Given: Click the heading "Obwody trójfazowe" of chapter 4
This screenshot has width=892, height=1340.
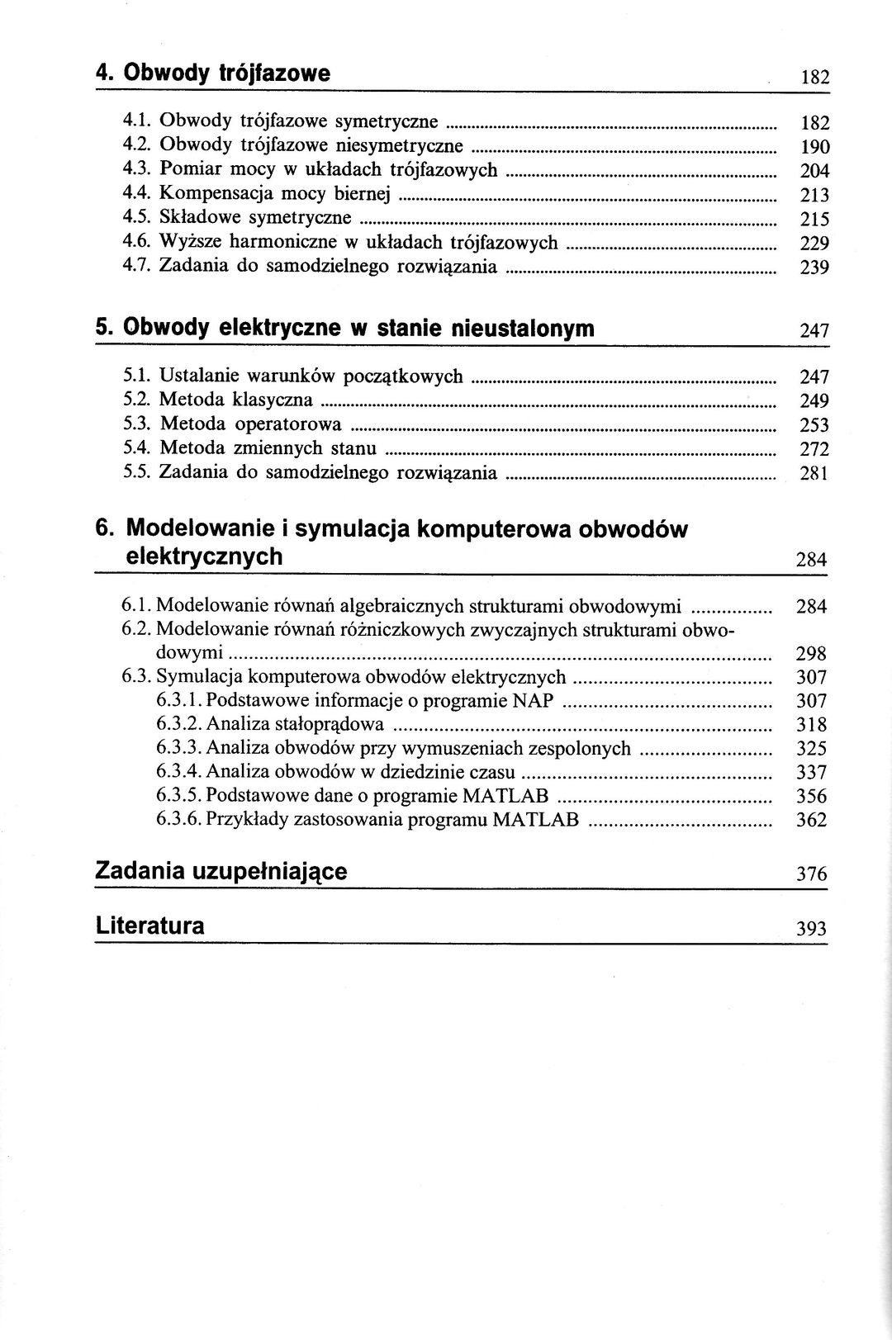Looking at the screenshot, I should (x=226, y=73).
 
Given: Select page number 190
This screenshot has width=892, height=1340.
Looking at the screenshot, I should (x=814, y=148).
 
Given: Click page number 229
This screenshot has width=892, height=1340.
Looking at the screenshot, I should (x=814, y=244).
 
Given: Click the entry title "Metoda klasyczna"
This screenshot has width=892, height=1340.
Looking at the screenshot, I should (x=235, y=400).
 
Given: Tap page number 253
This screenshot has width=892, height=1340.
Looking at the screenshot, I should (x=814, y=426).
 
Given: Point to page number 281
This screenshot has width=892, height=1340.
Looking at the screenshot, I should (x=814, y=474).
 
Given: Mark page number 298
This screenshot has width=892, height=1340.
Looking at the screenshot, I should (x=811, y=655).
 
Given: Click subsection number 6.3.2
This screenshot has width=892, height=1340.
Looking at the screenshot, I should (x=178, y=725).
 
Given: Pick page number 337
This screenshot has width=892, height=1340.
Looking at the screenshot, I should (x=811, y=774).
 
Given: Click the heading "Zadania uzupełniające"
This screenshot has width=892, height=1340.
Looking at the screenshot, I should (x=221, y=871).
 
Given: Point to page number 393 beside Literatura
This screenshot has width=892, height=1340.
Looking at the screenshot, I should (x=811, y=929).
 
